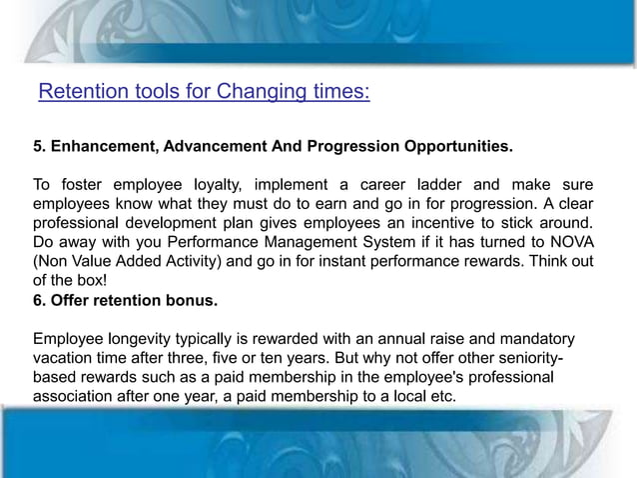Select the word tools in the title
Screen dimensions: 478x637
point(141,93)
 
